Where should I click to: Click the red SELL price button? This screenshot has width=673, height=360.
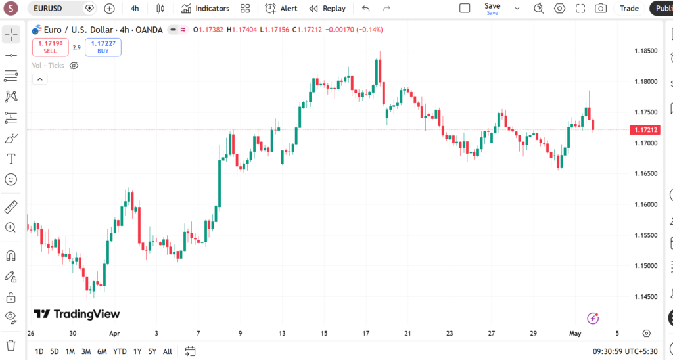50,47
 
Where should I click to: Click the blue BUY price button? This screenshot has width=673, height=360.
103,47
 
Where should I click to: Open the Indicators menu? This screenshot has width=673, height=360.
205,8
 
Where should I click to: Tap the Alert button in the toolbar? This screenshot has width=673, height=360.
281,8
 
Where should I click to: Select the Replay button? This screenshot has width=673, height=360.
327,8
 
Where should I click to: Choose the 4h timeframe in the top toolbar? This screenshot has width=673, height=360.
135,8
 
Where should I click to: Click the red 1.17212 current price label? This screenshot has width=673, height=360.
645,129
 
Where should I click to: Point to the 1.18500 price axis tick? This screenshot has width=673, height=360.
646,51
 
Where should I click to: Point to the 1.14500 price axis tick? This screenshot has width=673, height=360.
646,296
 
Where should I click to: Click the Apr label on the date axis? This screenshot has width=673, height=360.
114,334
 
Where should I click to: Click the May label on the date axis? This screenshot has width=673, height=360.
575,334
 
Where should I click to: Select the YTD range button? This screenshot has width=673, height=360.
120,352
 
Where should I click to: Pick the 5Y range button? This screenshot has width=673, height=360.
152,352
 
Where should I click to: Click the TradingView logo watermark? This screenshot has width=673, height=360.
77,314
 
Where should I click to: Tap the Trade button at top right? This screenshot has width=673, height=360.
629,8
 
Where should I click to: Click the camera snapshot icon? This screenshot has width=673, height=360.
601,8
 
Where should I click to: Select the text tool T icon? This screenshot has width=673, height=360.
11,159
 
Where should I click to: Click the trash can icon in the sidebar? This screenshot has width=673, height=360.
11,345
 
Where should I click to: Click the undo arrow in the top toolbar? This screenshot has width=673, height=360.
365,8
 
